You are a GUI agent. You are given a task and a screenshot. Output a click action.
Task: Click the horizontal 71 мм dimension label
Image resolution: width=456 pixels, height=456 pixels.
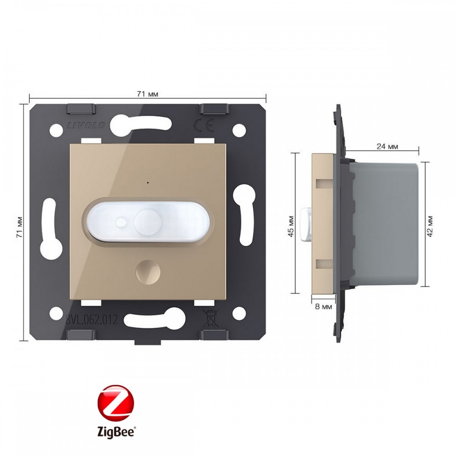pyautogui.click(x=147, y=94)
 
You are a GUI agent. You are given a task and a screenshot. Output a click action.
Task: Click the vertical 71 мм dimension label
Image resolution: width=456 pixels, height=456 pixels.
pyautogui.click(x=20, y=227)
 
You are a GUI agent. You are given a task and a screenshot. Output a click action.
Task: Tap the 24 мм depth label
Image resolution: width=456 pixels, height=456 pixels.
pyautogui.click(x=387, y=146)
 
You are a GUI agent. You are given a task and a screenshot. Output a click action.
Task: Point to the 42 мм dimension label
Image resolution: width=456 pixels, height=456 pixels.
pyautogui.click(x=430, y=226)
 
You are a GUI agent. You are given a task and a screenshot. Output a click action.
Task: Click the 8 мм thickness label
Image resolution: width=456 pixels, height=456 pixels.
pyautogui.click(x=323, y=306)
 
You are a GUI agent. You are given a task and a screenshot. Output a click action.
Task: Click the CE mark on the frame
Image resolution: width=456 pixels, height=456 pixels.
pyautogui.click(x=204, y=125)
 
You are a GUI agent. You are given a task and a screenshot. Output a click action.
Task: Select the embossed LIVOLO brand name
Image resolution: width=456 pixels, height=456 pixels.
pyautogui.click(x=86, y=126)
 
